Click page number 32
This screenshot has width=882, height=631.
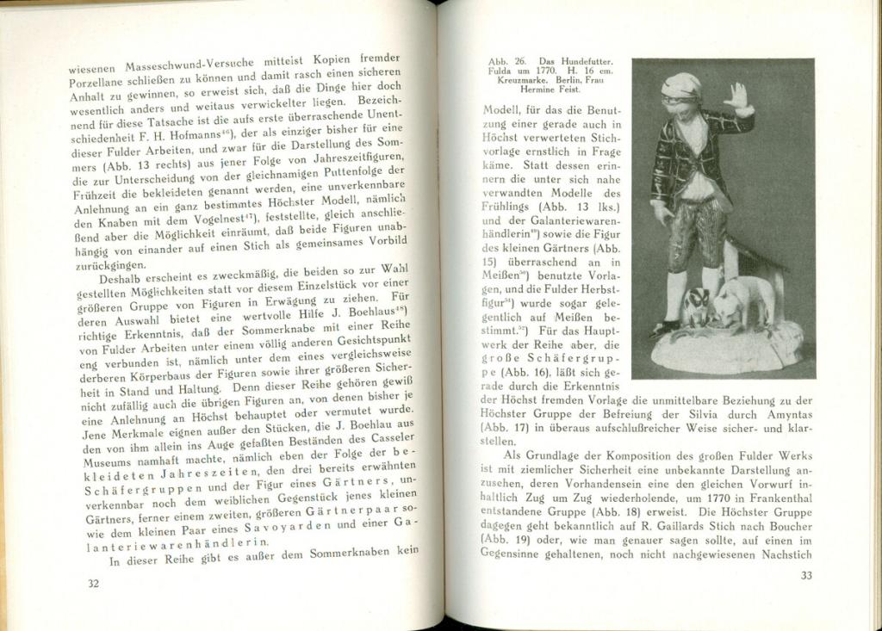click(93, 584)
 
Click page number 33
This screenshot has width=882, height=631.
click(805, 576)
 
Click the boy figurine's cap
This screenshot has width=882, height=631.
click(682, 84)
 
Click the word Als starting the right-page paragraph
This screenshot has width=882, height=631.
click(513, 455)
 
